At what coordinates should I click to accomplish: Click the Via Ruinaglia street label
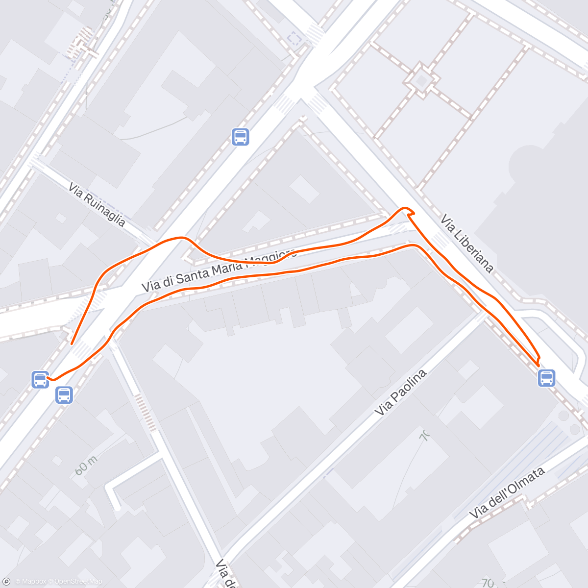(97, 204)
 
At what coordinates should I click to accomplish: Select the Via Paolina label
(400, 392)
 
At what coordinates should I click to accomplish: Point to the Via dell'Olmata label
(507, 493)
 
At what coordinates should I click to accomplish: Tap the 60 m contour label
(86, 465)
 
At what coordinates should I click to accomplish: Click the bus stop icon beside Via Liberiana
(546, 378)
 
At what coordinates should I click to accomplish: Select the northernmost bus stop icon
(240, 137)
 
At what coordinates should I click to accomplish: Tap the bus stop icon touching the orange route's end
(40, 380)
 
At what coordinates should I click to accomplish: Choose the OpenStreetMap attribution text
(78, 582)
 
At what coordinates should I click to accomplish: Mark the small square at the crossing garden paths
(421, 80)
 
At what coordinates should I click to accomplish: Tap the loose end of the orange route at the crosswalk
(72, 343)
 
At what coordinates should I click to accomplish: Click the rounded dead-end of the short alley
(117, 508)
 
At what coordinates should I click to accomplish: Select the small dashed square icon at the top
(294, 38)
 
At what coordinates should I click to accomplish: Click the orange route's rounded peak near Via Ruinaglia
(182, 238)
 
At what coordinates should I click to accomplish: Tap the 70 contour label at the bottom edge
(488, 583)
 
